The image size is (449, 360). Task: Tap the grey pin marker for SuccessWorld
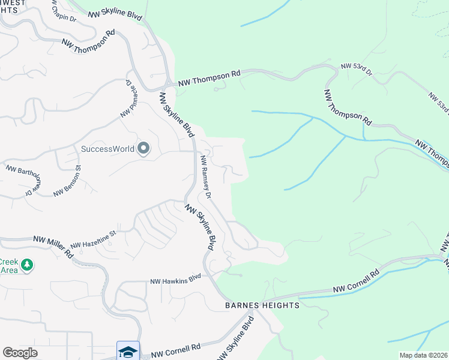tap(143, 148)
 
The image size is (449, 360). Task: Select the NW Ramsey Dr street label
tap(206, 178)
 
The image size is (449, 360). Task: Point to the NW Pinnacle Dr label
tap(128, 98)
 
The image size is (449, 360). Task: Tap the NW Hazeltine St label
tap(93, 241)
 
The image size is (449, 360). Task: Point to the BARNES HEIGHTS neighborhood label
tap(262, 305)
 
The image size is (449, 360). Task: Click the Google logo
tap(20, 353)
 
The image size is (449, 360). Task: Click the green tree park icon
tap(26, 265)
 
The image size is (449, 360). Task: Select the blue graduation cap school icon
tap(128, 352)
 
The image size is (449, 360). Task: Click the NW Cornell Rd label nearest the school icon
tap(175, 349)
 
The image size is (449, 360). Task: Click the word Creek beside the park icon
tap(8, 262)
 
